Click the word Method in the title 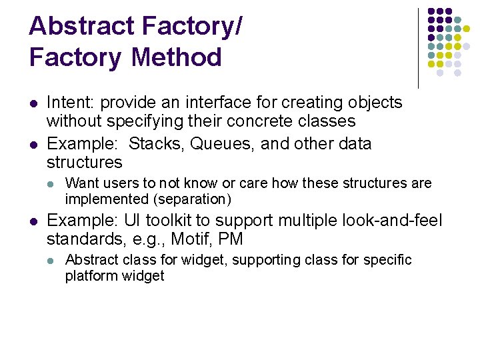coord(177,57)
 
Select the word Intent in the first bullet coord(69,103)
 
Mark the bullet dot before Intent coord(32,103)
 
